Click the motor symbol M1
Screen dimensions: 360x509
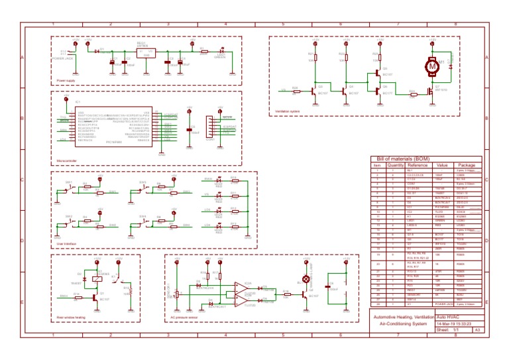click(x=433, y=66)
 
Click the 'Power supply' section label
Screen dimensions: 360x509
click(x=66, y=80)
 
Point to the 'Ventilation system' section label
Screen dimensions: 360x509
click(x=287, y=111)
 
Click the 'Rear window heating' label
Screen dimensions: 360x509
click(x=69, y=318)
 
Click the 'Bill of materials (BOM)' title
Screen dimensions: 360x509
click(x=404, y=159)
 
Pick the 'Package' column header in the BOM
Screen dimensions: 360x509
click(x=467, y=165)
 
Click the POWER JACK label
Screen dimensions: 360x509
click(x=62, y=58)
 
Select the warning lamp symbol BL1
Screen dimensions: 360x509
click(x=306, y=279)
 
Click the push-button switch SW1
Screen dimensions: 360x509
click(x=69, y=189)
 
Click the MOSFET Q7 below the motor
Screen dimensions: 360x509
click(x=430, y=91)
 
